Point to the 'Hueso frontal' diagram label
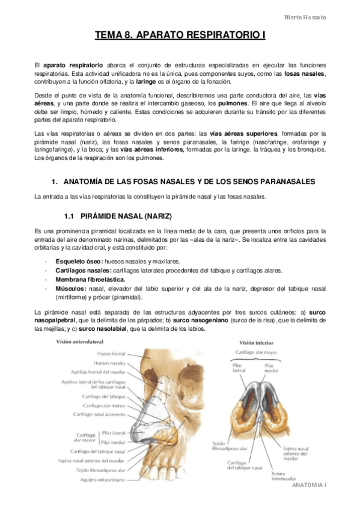[x=111, y=354]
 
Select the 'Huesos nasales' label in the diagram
[x=110, y=363]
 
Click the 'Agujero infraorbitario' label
[x=102, y=479]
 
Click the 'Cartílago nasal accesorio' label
[x=100, y=414]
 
